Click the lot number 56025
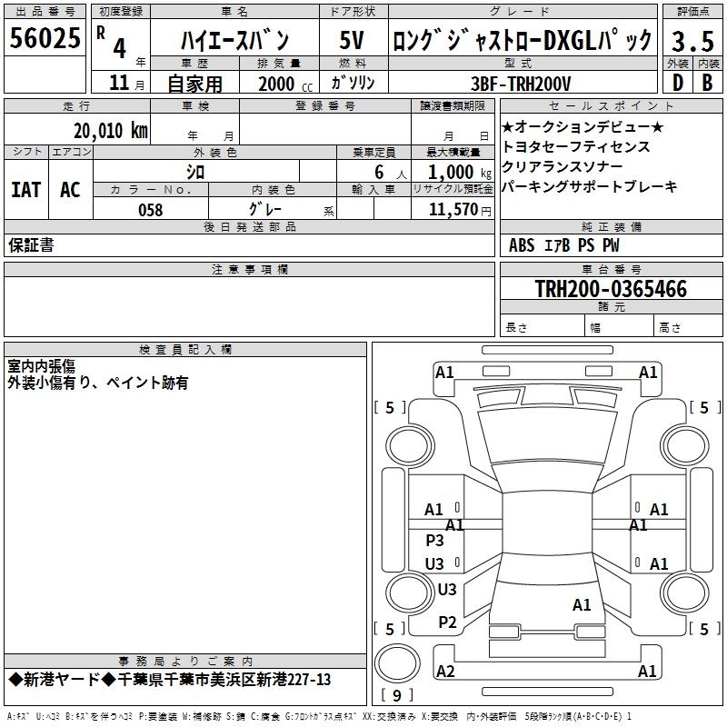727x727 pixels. coord(45,37)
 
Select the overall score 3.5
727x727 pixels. coord(692,41)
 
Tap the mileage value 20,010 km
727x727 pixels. coord(110,131)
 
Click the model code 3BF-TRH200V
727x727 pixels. coord(521,84)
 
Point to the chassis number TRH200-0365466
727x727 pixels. coord(611,288)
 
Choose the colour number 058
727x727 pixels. coord(150,210)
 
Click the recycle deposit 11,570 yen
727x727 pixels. coord(460,210)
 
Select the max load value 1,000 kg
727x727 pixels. coord(459,172)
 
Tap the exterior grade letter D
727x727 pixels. coord(678,83)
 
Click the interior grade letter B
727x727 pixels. coord(707,83)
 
